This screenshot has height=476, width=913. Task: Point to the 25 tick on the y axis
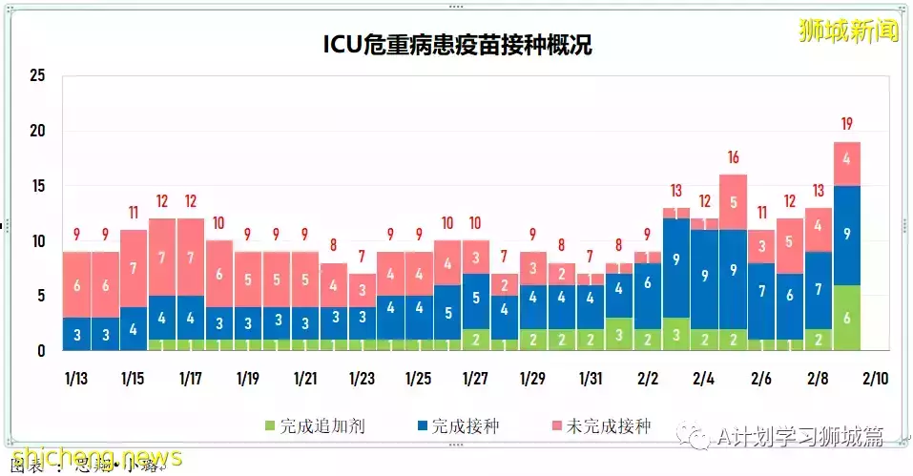coord(37,76)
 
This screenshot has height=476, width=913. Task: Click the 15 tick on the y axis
coord(37,186)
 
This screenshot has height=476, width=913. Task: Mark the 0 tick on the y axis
coord(41,351)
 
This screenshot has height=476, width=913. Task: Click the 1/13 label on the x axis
coord(75,379)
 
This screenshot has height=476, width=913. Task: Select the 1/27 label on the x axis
coord(475,379)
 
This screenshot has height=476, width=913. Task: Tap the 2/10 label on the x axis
coord(875,379)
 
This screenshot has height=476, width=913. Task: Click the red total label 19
coord(847,124)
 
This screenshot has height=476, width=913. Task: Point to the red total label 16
coord(733,157)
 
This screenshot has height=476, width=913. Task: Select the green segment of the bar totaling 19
coord(847,318)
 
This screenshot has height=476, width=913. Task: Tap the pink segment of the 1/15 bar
coord(134,268)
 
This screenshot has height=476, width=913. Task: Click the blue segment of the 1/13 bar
coord(76,334)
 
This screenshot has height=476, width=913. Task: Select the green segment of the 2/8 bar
coord(819,340)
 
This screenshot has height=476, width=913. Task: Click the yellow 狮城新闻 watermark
coord(849,31)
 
